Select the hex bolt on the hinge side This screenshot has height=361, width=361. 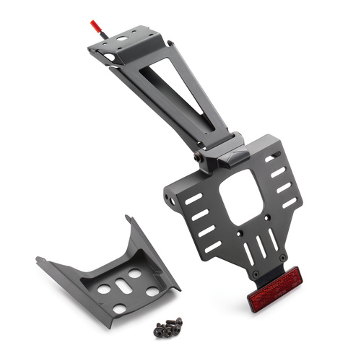coord(197,156)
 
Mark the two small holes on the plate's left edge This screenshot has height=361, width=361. coord(170,196)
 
